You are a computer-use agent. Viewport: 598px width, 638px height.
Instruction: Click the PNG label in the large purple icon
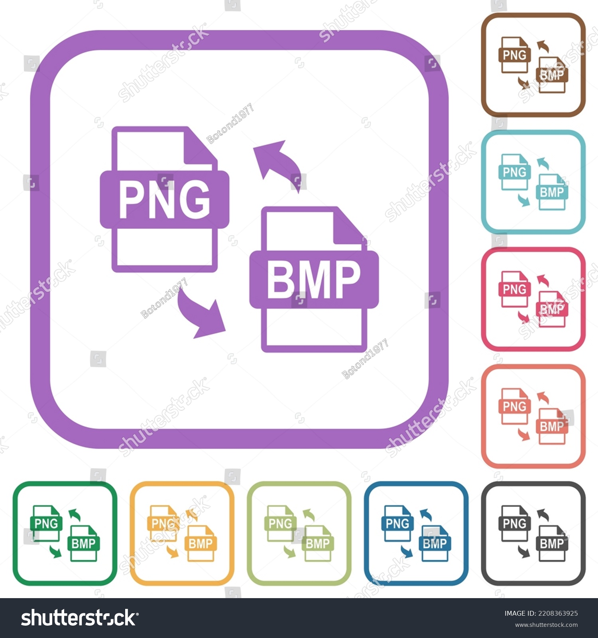[164, 199]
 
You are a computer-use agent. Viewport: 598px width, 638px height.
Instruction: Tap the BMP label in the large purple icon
[314, 280]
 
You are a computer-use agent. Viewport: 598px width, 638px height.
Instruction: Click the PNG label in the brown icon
[514, 55]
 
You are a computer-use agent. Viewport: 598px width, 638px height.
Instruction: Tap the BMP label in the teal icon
[552, 193]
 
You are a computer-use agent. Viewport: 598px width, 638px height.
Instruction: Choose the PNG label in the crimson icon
[514, 289]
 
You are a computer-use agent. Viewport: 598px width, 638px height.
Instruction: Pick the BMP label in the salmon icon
[552, 427]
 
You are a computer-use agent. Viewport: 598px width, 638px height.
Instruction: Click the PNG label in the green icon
[46, 523]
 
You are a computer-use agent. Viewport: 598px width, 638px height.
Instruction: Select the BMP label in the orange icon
[201, 543]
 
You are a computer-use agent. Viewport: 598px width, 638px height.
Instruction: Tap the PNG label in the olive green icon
[280, 523]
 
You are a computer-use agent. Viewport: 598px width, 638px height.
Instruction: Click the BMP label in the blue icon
[435, 543]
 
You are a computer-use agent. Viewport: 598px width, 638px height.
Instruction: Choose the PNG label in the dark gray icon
[514, 523]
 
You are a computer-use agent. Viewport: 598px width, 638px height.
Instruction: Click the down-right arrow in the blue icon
[407, 552]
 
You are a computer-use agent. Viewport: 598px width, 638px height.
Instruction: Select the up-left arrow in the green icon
[75, 514]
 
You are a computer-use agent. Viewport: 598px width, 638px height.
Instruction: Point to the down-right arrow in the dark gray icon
[524, 552]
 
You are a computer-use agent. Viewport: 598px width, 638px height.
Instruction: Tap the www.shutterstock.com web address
[546, 625]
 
